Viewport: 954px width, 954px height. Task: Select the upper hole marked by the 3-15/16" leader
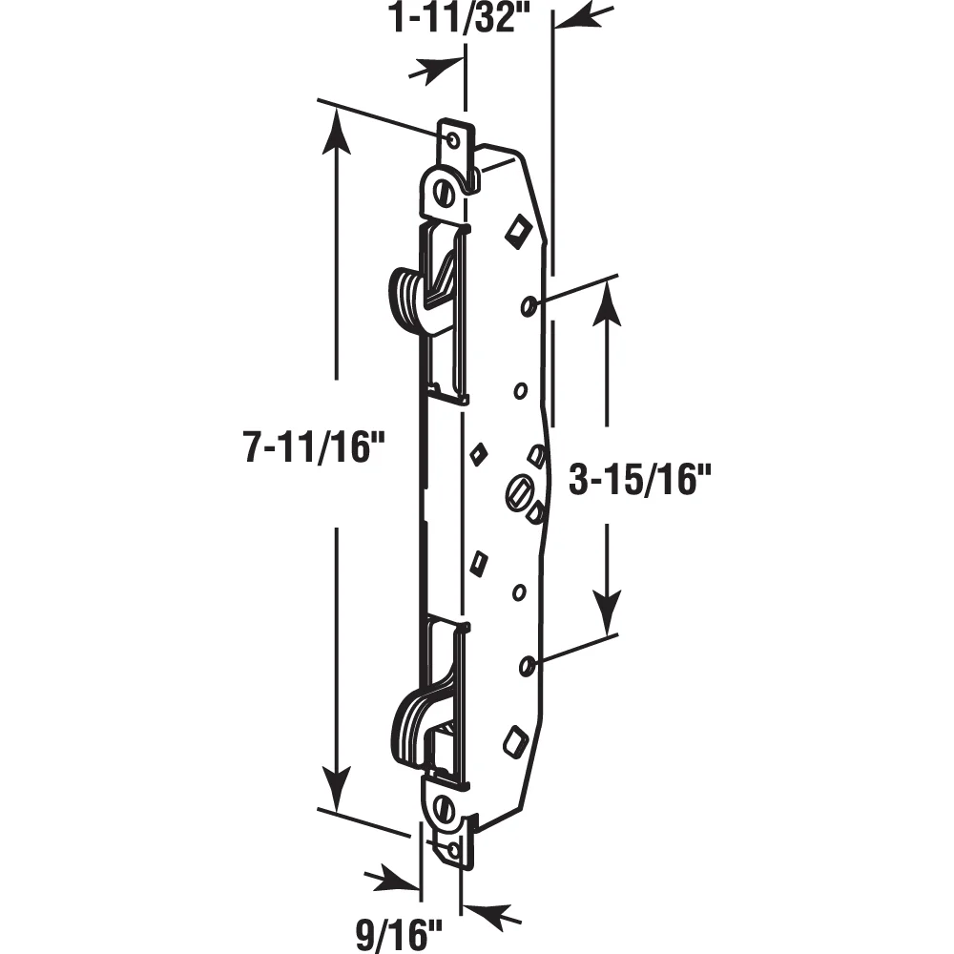[x=528, y=304]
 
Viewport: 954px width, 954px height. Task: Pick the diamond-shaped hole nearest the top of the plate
[x=518, y=230]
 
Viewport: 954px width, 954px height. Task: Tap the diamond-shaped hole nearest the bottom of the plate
[x=515, y=740]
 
